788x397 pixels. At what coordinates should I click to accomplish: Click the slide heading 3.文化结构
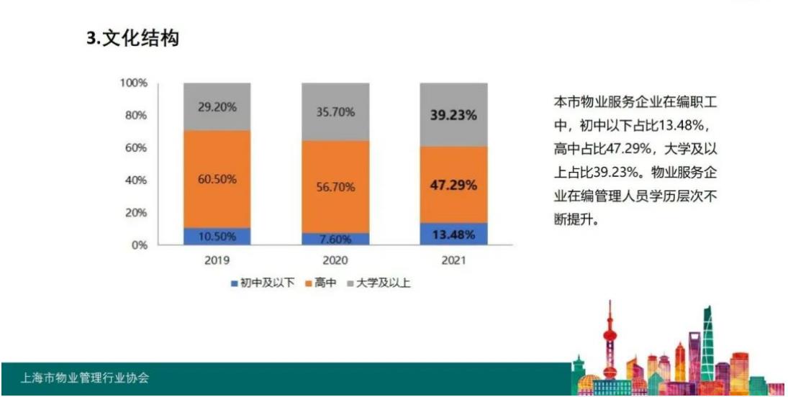click(x=132, y=40)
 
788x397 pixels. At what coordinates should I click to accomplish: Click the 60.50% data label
click(x=217, y=179)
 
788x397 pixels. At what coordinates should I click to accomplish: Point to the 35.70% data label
click(x=335, y=111)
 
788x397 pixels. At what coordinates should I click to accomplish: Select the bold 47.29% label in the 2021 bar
click(x=453, y=185)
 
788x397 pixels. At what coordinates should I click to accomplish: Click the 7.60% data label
click(x=335, y=239)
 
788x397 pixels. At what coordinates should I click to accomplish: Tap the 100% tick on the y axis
click(x=133, y=83)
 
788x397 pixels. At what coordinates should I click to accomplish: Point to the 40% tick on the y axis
click(x=135, y=181)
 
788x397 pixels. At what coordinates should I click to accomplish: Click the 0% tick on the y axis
click(x=138, y=245)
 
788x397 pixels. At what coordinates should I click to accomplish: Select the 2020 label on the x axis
click(x=335, y=260)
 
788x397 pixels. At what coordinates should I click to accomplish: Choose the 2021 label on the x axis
click(x=453, y=260)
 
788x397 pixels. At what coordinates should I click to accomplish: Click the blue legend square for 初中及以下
click(x=234, y=283)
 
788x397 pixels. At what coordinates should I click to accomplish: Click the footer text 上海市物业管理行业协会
click(x=86, y=378)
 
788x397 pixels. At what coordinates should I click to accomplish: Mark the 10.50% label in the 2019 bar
click(x=217, y=237)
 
